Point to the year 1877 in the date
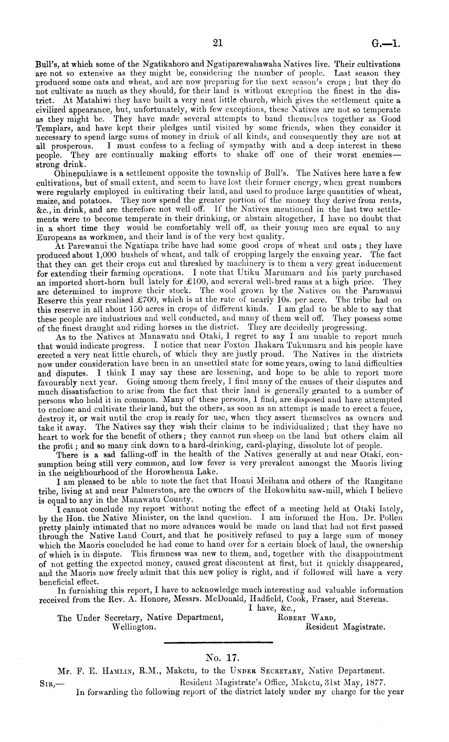point(374,681)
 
